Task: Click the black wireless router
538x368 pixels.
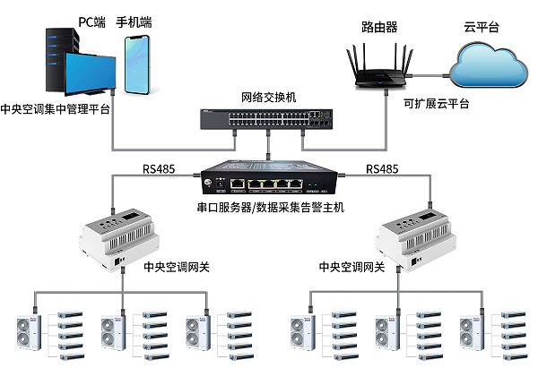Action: (380, 73)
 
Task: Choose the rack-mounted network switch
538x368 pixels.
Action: (267, 120)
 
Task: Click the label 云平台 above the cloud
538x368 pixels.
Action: (482, 28)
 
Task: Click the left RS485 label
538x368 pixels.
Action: (159, 167)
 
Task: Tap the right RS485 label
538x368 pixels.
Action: (384, 167)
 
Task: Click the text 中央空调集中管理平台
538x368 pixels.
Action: (56, 110)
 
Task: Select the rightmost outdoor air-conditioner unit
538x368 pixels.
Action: (471, 332)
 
